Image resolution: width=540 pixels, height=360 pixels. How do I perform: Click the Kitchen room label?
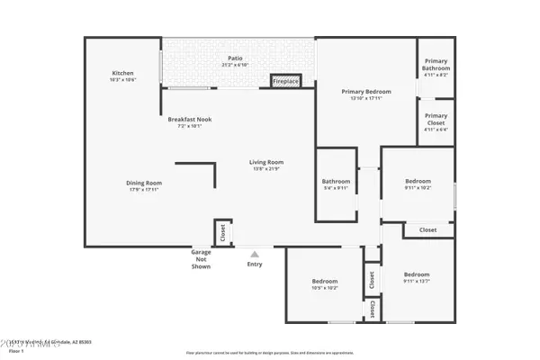(122, 73)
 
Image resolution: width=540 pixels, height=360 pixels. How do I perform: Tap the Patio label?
(235, 58)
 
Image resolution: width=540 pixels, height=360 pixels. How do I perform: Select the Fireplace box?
(285, 82)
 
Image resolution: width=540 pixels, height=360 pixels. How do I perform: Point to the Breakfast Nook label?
(189, 120)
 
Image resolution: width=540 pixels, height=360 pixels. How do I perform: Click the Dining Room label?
(143, 183)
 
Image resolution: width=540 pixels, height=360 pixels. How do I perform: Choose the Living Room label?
(267, 163)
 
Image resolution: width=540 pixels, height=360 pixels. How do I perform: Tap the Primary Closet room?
(436, 120)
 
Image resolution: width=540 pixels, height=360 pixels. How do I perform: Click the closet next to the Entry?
(222, 232)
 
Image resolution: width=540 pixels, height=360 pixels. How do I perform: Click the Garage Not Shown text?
(201, 260)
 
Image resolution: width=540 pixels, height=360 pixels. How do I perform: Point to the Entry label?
(256, 264)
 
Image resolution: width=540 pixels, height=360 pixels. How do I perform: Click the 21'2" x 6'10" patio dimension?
(235, 65)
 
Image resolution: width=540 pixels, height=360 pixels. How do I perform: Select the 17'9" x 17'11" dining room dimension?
(143, 189)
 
